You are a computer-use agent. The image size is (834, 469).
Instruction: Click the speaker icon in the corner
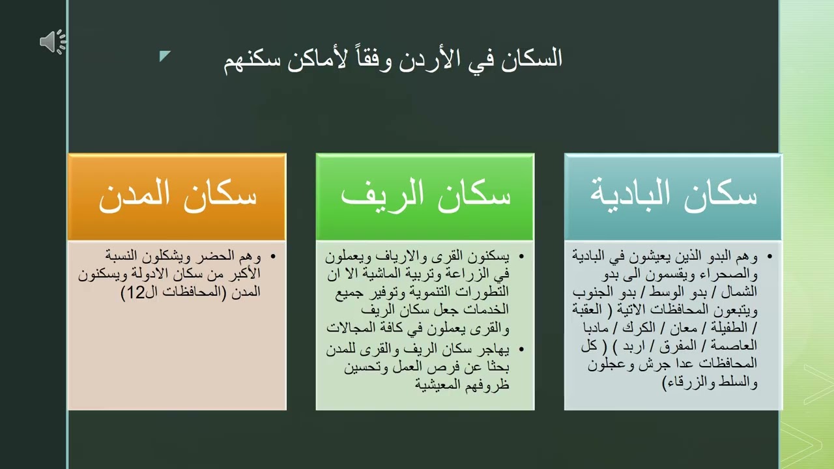tap(52, 42)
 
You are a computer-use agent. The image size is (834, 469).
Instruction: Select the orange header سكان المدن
tap(177, 196)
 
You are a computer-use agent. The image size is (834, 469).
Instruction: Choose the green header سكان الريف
tap(425, 196)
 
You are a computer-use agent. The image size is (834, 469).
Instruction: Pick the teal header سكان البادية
tap(673, 196)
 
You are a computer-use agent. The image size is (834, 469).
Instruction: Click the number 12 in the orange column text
tap(136, 293)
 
